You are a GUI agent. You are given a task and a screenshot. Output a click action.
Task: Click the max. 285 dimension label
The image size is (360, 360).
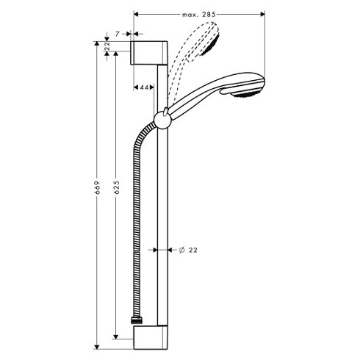[198, 15]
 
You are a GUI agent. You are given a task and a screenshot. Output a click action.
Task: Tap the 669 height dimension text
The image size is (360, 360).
[97, 187]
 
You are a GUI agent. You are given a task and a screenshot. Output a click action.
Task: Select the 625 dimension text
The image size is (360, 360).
[117, 187]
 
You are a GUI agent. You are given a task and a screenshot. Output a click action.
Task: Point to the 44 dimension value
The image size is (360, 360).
[144, 87]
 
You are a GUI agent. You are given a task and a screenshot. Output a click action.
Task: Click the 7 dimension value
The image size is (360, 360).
[118, 34]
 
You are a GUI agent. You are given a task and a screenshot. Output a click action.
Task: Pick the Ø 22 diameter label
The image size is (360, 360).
[188, 250]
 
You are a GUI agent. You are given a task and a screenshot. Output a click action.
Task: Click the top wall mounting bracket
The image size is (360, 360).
[148, 53]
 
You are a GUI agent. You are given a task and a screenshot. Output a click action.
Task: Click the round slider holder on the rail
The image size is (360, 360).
[162, 120]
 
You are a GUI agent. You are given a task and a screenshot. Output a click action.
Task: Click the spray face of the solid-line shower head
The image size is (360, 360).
[246, 94]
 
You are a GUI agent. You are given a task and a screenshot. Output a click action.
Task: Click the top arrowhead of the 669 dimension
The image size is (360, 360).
[97, 43]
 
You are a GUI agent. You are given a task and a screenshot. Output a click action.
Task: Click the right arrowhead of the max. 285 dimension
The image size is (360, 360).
[262, 14]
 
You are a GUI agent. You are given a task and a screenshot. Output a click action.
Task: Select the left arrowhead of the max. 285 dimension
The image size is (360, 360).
[137, 14]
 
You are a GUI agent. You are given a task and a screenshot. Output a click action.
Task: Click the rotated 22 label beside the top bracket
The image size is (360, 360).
[107, 46]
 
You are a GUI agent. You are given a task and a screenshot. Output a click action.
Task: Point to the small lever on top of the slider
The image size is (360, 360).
[166, 111]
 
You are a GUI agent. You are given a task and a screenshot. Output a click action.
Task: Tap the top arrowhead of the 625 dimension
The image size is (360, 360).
[116, 54]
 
